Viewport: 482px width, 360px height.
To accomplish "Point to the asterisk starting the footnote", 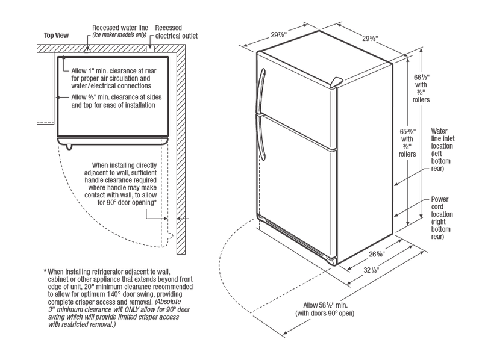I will pyautogui.click(x=46, y=272).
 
